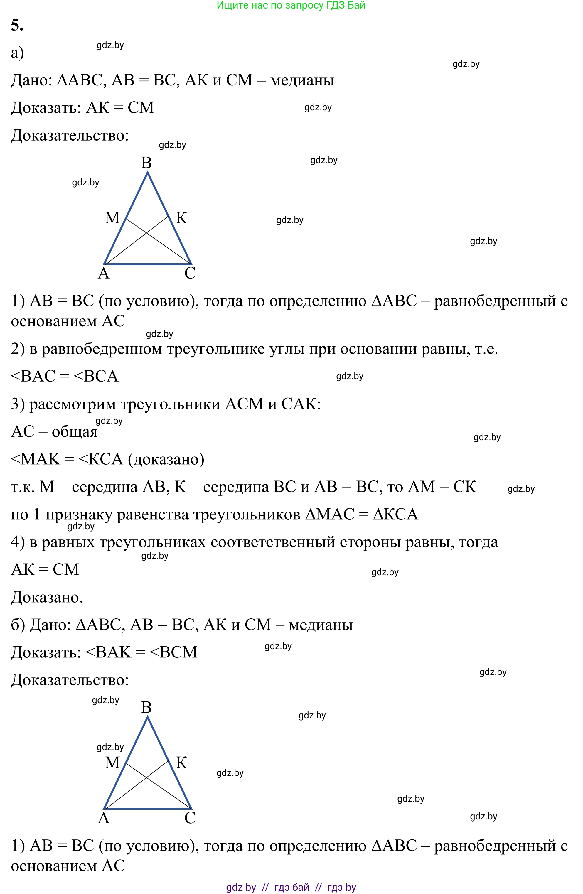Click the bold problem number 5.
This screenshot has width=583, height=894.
click(17, 25)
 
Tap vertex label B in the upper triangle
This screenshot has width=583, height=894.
click(146, 163)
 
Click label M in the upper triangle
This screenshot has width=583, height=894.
click(112, 218)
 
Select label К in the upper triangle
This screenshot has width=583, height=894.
click(181, 218)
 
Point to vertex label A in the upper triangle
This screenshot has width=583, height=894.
click(104, 273)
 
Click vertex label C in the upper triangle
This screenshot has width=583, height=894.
click(190, 273)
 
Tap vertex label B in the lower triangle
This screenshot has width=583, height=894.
click(146, 707)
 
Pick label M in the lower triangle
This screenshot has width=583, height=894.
click(112, 763)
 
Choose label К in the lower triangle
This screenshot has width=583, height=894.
click(181, 763)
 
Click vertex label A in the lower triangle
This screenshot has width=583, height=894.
click(104, 818)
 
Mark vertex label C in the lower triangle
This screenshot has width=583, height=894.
click(190, 818)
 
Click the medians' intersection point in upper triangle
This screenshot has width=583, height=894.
click(146, 234)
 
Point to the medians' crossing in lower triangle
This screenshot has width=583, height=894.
click(146, 778)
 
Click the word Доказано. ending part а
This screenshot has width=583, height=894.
click(47, 597)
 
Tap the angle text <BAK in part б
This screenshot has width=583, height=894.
click(109, 652)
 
